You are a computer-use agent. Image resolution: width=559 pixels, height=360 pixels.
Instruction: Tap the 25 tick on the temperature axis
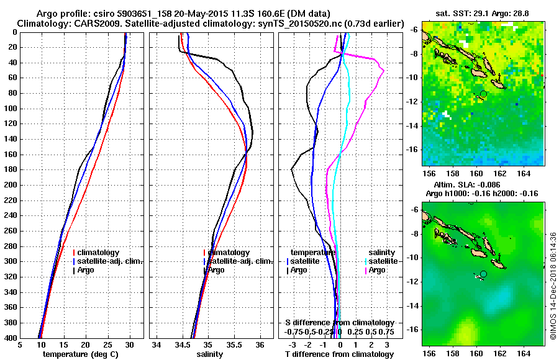pos(107,345)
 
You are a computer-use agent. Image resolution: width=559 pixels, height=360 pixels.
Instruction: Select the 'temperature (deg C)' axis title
pos(80,354)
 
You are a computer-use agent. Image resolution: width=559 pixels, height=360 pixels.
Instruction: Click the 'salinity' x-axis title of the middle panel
pos(209,354)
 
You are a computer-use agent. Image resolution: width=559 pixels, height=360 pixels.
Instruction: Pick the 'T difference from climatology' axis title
pos(339,354)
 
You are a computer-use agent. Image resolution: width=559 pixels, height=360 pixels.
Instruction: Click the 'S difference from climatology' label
pos(339,323)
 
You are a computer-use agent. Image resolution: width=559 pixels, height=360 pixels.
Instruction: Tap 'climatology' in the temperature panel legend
pos(98,253)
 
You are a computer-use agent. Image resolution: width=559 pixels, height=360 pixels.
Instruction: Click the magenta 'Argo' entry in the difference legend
pos(377,270)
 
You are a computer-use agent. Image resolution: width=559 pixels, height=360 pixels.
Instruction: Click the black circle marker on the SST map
pos(483,94)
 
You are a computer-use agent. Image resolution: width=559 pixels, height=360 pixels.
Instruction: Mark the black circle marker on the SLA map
pos(483,274)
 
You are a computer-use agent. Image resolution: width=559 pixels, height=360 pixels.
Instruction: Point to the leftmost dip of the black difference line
pos(293,169)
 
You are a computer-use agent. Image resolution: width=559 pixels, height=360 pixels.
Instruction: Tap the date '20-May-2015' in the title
pos(203,13)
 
